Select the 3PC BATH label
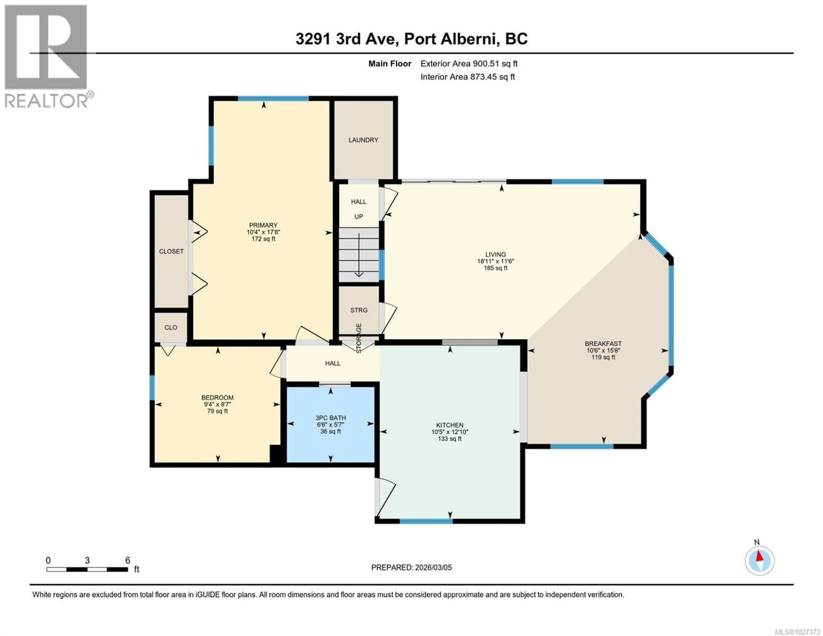tap(330, 418)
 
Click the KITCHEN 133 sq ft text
tap(450, 439)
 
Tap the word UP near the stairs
tap(358, 217)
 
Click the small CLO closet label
tap(171, 328)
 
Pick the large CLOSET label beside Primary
tap(171, 251)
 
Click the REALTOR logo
tap(47, 57)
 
